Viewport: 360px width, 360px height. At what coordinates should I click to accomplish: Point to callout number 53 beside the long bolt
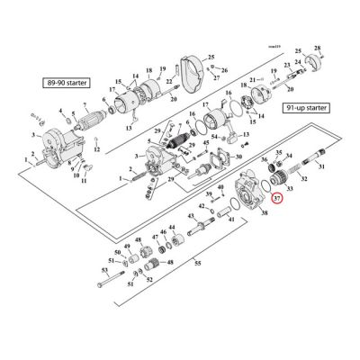(104, 269)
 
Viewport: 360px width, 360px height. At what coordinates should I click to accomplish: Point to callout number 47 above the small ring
(156, 236)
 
